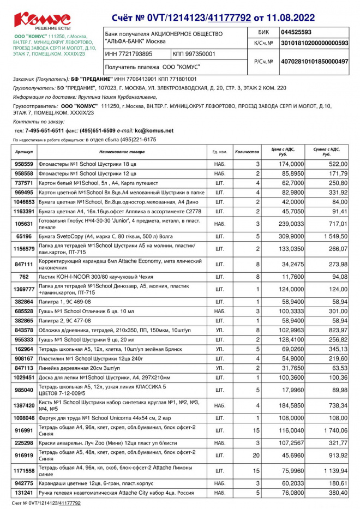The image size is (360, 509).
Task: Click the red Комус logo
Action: [43, 19]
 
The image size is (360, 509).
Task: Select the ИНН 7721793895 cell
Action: [129, 54]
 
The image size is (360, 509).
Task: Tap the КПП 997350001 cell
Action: [194, 54]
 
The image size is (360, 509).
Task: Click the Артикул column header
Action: [24, 151]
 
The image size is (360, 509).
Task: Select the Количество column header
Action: [247, 151]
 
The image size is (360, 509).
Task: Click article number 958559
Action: [24, 164]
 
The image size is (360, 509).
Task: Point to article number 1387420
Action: [24, 406]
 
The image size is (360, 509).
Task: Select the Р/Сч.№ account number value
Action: [314, 62]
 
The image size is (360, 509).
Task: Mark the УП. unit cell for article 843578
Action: [220, 330]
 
